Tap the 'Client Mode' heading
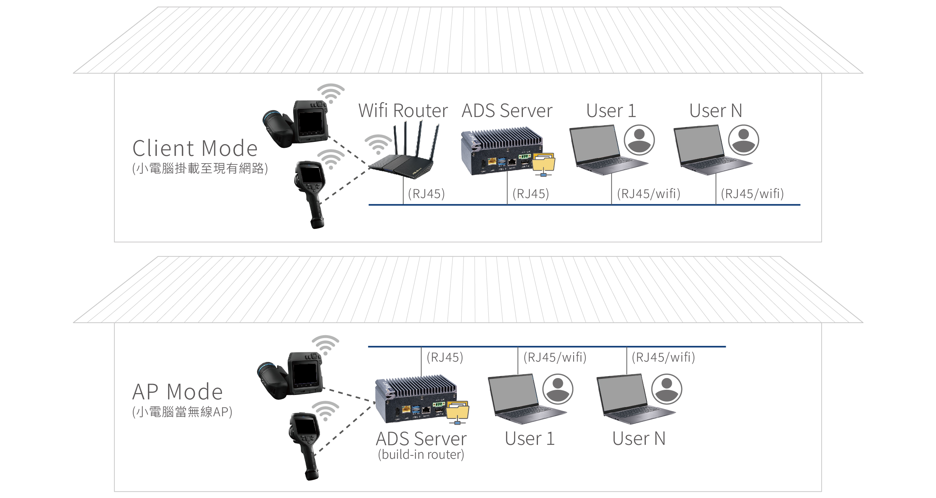195,149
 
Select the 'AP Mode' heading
178,392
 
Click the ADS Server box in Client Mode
501,152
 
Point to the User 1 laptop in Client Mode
602,150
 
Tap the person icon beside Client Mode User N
743,140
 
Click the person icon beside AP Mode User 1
558,389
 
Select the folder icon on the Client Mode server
544,164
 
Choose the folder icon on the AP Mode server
458,411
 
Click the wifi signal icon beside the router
378,144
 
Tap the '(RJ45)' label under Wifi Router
426,194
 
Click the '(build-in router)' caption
421,455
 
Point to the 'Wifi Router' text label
403,110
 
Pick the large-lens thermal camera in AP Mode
290,376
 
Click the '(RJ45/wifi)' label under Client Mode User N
752,194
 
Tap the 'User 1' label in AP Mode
529,439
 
